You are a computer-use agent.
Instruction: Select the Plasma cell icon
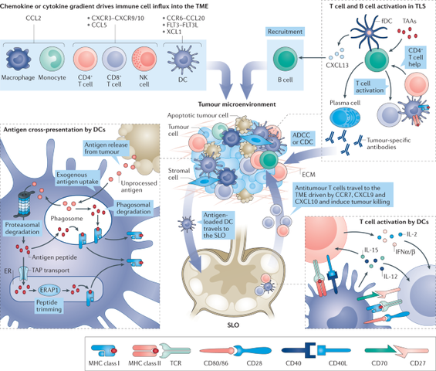[347, 116]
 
